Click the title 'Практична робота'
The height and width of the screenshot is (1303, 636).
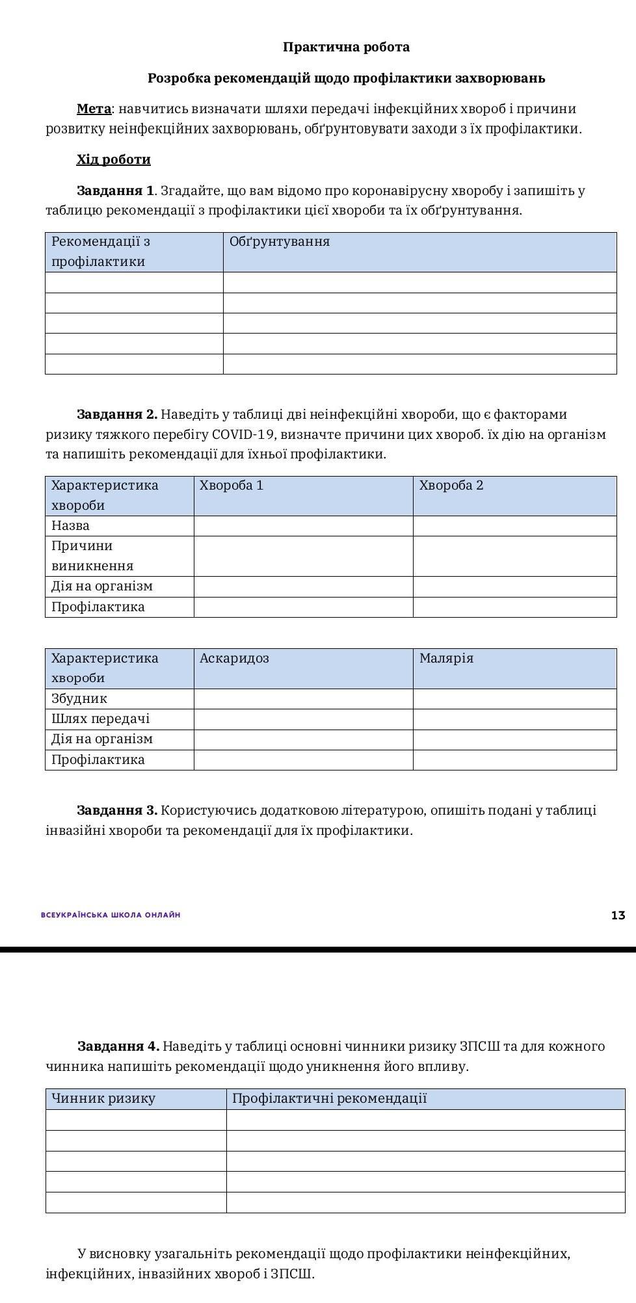[346, 47]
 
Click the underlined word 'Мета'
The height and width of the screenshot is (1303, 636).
[94, 109]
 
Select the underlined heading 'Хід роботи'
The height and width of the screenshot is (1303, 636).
[113, 159]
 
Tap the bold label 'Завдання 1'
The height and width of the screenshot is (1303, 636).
[115, 191]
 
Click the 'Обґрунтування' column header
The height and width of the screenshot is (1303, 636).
[280, 242]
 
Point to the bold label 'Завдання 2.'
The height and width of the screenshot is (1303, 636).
[117, 414]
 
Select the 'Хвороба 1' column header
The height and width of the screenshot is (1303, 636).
[232, 486]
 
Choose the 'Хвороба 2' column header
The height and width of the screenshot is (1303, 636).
[451, 486]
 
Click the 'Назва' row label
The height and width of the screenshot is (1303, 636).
[70, 525]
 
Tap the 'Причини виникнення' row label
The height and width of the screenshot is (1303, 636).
[92, 555]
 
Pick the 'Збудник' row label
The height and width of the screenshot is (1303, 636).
[79, 698]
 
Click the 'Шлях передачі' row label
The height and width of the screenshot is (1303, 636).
[100, 718]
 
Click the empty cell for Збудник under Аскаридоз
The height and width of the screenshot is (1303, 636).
[303, 698]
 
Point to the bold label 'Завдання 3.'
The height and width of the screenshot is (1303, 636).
[117, 810]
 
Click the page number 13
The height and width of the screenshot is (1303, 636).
[618, 915]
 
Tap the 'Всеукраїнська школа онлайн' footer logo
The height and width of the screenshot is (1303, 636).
[111, 915]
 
